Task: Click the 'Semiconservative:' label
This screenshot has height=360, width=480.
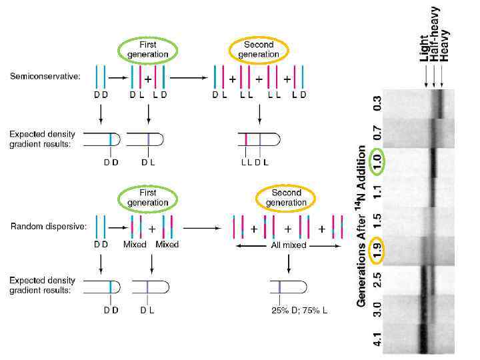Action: (45, 76)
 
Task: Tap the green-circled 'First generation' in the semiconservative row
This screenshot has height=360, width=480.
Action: (148, 49)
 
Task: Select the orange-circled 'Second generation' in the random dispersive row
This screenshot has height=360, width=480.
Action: (286, 198)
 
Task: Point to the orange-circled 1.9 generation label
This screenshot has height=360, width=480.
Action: (377, 250)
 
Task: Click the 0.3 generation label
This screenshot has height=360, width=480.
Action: (377, 103)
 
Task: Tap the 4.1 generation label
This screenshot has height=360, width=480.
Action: (377, 339)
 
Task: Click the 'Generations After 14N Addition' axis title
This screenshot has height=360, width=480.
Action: (362, 227)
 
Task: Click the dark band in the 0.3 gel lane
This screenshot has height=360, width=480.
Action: (441, 103)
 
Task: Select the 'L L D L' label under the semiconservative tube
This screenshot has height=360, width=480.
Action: (253, 161)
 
